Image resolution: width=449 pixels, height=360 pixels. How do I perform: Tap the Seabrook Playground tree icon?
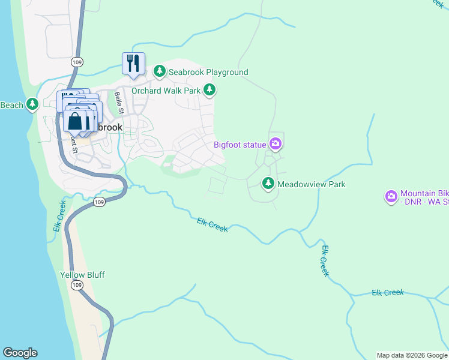point(160,72)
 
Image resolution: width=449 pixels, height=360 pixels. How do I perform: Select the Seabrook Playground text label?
point(208,72)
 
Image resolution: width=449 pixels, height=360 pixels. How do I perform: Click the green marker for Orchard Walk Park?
point(209,91)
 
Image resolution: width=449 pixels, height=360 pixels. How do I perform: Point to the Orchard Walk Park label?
point(166,91)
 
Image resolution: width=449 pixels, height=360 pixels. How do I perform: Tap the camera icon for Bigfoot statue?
point(276,144)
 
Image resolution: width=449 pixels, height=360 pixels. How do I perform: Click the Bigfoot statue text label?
point(240,145)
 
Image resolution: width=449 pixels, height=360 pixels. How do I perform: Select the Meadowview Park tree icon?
point(268,184)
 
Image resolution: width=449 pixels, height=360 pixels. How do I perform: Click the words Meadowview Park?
point(311,185)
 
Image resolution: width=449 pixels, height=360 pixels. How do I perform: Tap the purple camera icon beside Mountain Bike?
point(391,197)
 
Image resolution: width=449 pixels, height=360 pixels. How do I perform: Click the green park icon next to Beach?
point(33,105)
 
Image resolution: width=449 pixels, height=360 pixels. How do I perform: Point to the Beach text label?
point(11,105)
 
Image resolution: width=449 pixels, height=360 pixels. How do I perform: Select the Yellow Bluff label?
point(82,275)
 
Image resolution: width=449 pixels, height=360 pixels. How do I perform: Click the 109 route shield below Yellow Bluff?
point(76,286)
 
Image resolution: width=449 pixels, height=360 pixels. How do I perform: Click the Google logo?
point(20,353)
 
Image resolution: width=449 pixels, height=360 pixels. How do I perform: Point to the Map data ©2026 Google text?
point(412,355)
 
